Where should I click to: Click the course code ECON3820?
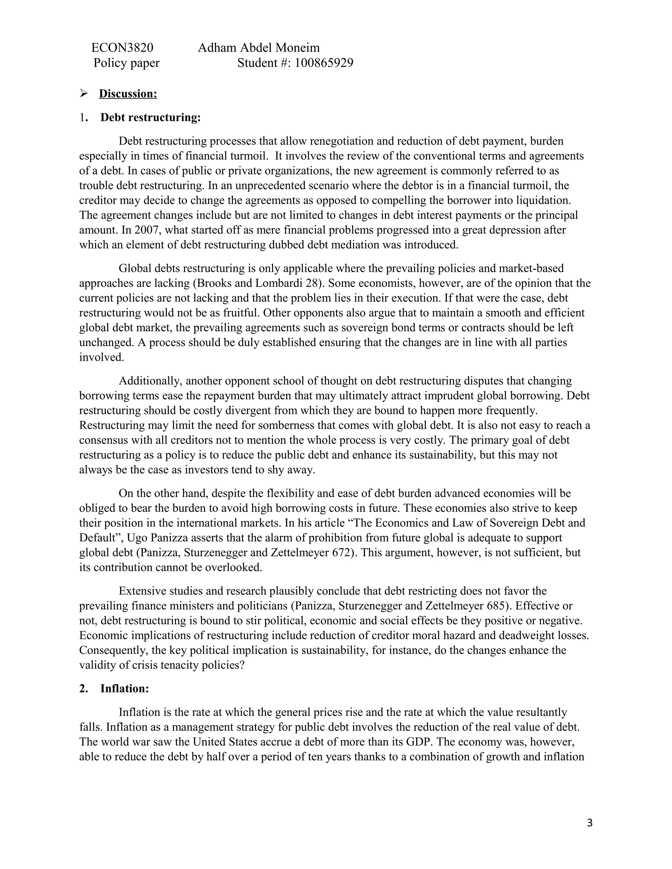(x=122, y=48)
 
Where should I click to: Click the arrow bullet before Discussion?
(x=84, y=94)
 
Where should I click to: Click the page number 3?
(x=590, y=823)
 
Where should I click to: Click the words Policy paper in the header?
(x=126, y=63)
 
